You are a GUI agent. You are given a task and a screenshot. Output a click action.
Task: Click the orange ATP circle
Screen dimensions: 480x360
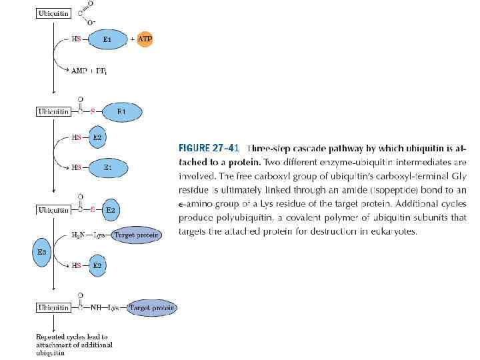click(x=145, y=39)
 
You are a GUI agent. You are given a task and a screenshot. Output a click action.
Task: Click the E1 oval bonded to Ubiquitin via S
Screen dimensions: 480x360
click(x=121, y=111)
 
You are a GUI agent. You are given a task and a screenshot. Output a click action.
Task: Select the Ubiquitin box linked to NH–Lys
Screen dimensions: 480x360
click(x=52, y=308)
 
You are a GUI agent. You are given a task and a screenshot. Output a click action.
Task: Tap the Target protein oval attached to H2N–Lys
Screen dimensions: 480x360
click(x=137, y=235)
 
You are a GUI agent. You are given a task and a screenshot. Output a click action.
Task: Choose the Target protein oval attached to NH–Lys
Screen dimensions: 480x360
click(x=151, y=308)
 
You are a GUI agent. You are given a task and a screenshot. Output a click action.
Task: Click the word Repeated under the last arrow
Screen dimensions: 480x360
click(x=51, y=337)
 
